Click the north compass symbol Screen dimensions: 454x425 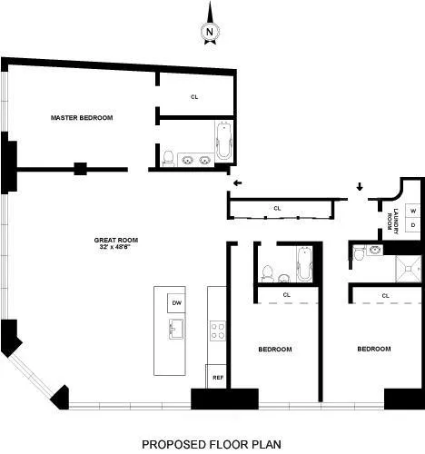210,30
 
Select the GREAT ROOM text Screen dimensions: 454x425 114,240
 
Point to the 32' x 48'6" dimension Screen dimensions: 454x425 114,247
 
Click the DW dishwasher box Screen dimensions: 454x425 175,303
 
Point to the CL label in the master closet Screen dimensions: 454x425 194,97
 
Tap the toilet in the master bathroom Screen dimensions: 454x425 166,158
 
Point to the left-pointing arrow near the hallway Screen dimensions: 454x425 237,183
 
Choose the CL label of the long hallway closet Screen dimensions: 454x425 277,208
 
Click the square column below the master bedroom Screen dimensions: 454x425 80,168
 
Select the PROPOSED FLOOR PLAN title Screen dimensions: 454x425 212,444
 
